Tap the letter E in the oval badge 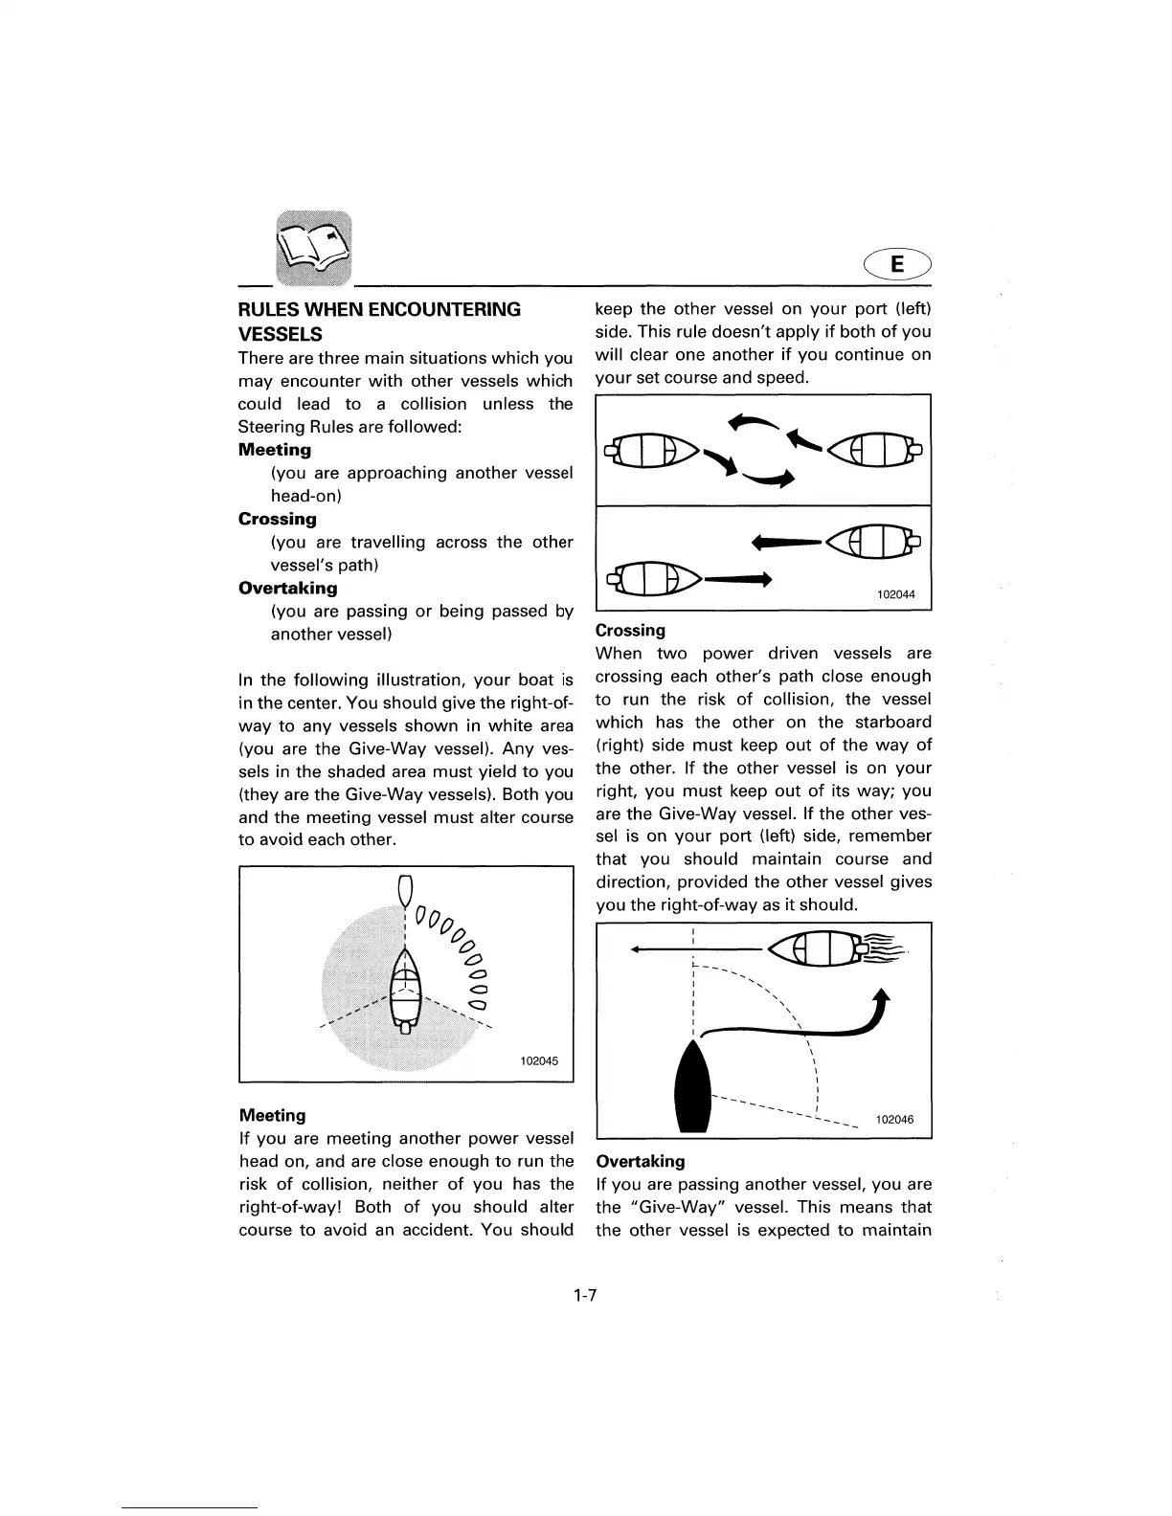click(897, 263)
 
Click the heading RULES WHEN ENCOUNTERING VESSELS click(379, 321)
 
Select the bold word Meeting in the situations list click(275, 450)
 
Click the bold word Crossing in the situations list click(277, 519)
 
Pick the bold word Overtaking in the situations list click(287, 588)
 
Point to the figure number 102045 click(538, 1061)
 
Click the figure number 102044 click(895, 594)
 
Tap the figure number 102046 click(893, 1119)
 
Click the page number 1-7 click(585, 1296)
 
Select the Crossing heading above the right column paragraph click(630, 631)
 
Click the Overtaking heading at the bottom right click(640, 1162)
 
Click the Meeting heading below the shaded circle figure click(272, 1116)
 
